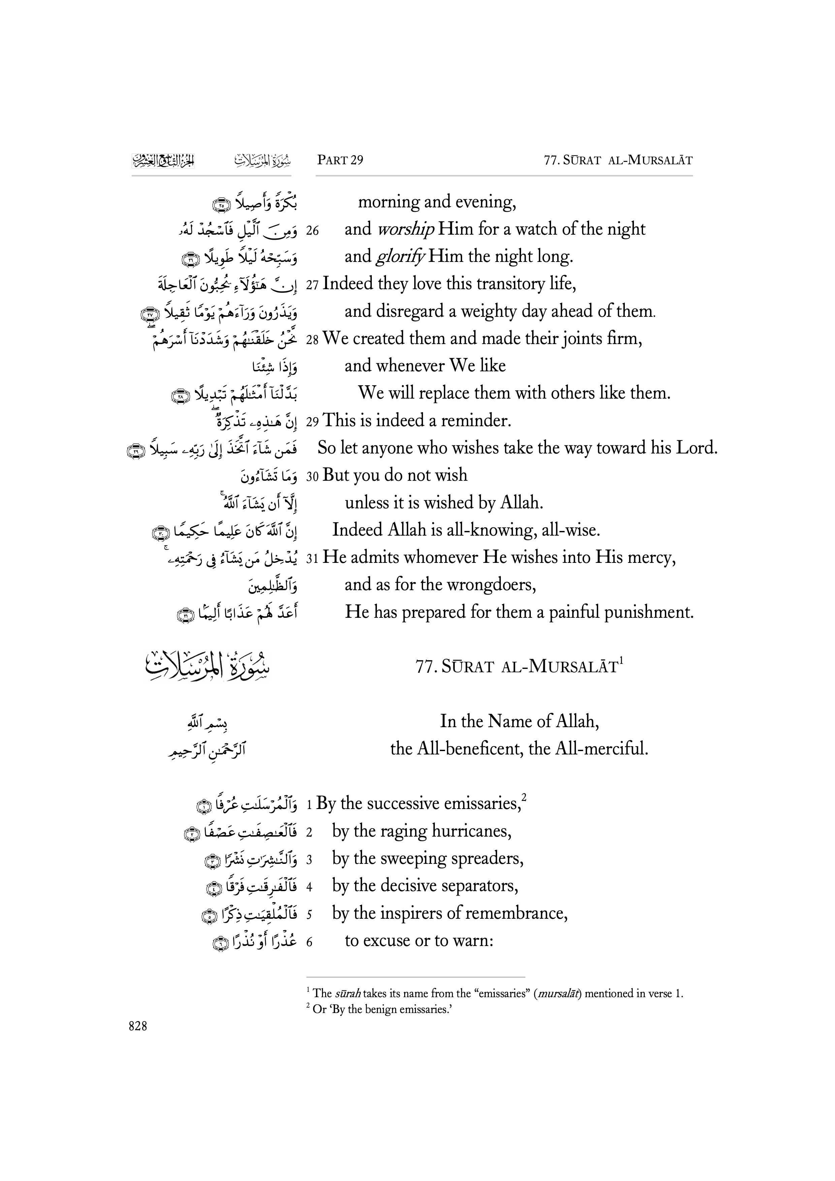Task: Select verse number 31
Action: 312,559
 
